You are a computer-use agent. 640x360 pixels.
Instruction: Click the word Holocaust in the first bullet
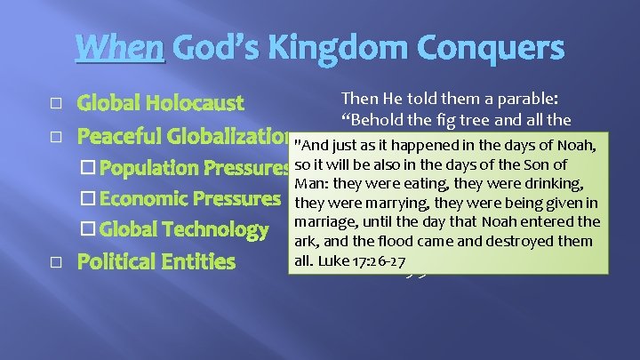tap(200, 103)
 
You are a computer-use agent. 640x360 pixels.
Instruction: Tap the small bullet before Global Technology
tap(86, 230)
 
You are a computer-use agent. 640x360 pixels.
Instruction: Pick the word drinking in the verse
tap(548, 183)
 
